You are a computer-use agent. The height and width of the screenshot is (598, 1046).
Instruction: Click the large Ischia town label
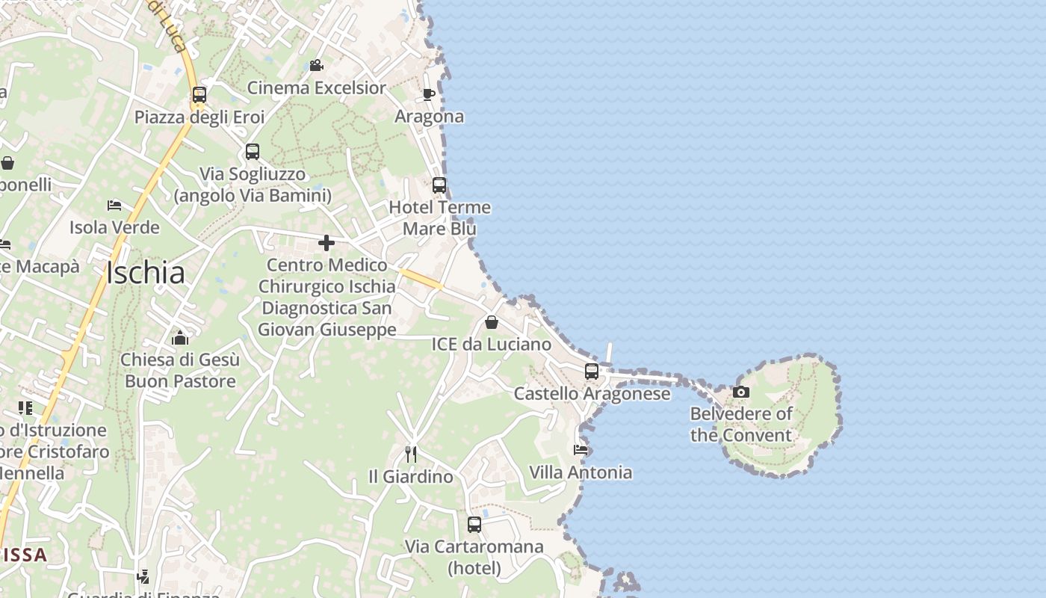(146, 273)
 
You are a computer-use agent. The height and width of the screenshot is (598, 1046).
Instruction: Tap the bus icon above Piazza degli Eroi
(199, 95)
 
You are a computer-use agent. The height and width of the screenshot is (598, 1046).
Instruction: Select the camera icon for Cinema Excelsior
(316, 66)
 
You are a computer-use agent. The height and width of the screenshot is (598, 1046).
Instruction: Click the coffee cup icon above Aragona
(429, 94)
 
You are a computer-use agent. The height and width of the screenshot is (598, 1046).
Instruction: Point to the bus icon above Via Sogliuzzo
(253, 152)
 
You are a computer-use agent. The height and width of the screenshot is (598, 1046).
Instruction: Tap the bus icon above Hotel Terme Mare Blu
(439, 185)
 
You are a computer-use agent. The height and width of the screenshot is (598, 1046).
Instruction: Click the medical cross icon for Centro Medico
(327, 243)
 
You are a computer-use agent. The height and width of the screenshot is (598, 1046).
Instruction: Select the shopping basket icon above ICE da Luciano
(492, 322)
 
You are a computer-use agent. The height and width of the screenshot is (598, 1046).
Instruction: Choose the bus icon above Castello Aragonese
(592, 372)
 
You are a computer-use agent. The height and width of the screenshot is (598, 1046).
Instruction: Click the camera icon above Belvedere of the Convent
(741, 392)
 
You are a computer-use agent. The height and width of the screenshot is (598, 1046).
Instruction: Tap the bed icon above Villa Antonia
(581, 450)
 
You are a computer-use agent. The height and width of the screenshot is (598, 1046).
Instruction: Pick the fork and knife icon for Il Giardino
(410, 454)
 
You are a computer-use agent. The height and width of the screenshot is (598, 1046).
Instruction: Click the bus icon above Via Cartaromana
(474, 525)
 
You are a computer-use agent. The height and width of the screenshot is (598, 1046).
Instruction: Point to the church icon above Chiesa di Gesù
(180, 338)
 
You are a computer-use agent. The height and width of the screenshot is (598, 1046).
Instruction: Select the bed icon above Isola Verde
(114, 205)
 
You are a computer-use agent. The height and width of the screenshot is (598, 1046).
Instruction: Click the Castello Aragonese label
(592, 394)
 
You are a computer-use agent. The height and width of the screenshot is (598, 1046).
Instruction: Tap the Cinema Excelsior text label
(317, 88)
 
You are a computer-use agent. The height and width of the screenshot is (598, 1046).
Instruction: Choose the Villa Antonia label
(581, 472)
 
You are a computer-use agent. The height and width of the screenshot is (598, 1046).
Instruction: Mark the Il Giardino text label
(411, 476)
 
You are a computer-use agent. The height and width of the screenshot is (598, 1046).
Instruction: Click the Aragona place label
(429, 117)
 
